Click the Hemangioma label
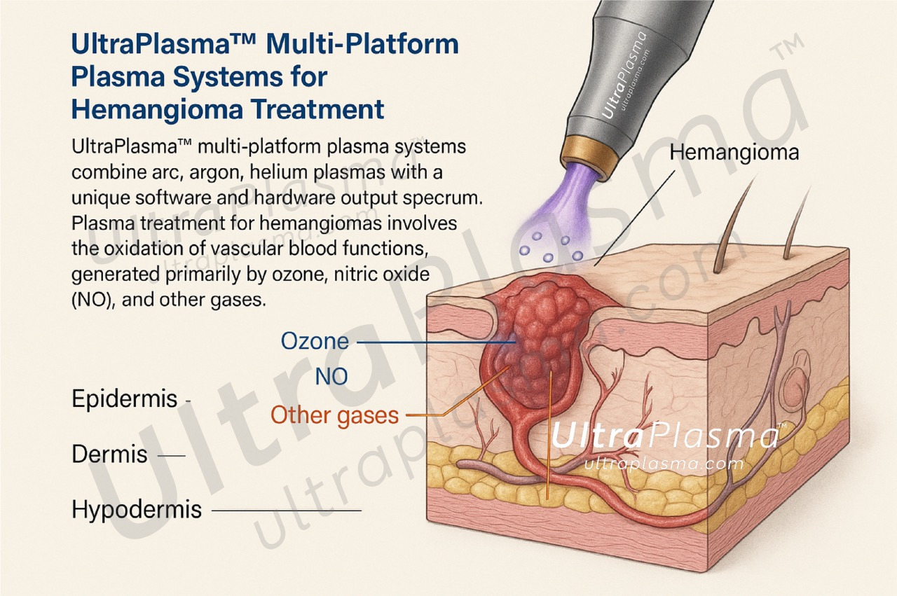tap(734, 153)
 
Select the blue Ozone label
tap(315, 342)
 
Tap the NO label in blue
tap(331, 377)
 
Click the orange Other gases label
tap(334, 415)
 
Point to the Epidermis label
tap(125, 399)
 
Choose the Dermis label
tap(109, 455)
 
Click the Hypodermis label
tap(136, 510)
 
